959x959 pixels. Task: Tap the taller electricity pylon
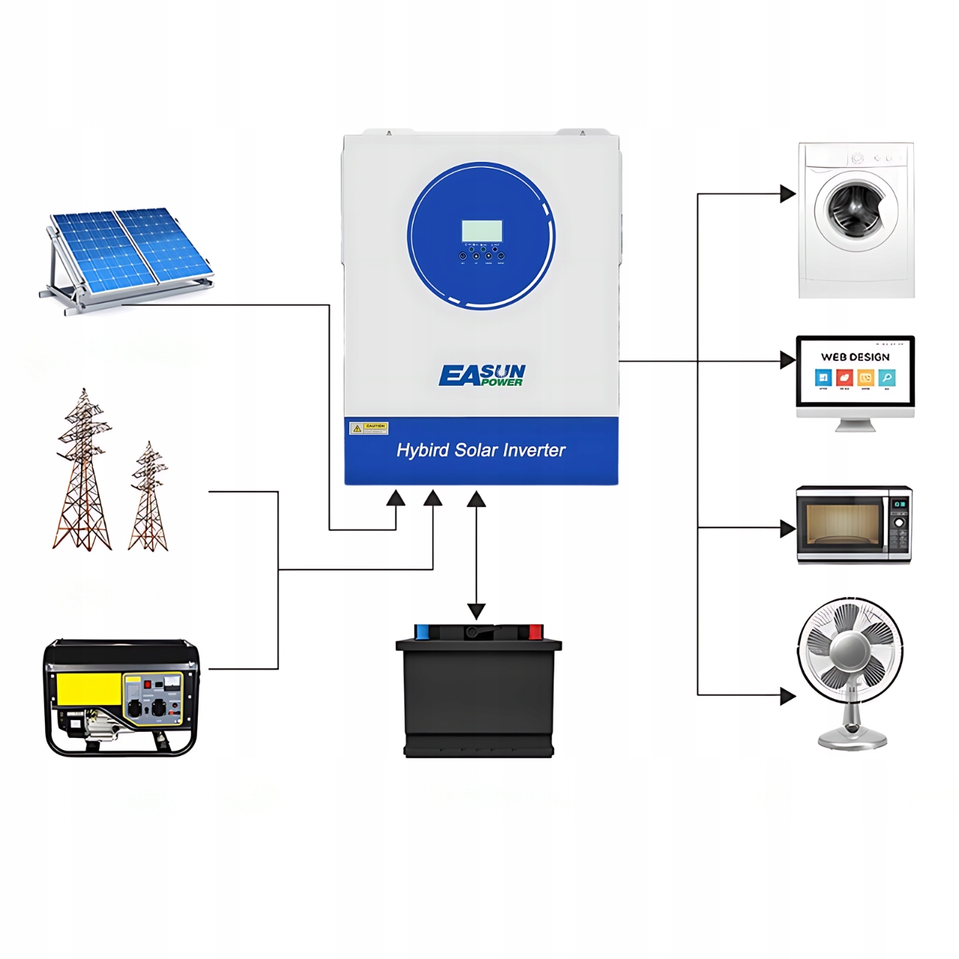(x=82, y=472)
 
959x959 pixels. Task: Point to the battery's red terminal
(x=535, y=632)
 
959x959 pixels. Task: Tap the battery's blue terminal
(x=422, y=632)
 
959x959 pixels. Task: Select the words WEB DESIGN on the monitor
(x=855, y=357)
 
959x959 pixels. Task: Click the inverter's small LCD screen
(x=481, y=231)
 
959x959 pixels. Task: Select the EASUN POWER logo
(x=482, y=375)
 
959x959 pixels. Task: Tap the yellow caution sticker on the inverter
(x=369, y=428)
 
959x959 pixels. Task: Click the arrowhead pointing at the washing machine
(x=787, y=194)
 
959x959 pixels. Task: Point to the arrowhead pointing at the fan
(x=787, y=696)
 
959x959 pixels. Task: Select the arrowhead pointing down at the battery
(x=477, y=611)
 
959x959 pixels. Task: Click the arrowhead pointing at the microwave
(x=787, y=528)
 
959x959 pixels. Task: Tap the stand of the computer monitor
(x=855, y=425)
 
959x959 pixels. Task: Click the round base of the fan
(x=853, y=741)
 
